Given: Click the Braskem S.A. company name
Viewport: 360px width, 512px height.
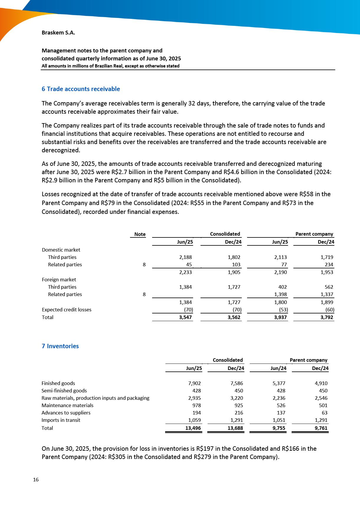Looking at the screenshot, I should click(x=58, y=33).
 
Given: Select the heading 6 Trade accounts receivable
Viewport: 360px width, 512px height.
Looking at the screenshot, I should click(x=81, y=89).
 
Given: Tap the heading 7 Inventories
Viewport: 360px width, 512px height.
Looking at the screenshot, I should click(x=60, y=346).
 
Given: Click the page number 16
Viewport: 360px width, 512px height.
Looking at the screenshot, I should click(x=36, y=480).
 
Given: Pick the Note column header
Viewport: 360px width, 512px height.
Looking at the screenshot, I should click(x=140, y=234).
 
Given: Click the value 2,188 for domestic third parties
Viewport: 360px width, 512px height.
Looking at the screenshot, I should click(x=185, y=257).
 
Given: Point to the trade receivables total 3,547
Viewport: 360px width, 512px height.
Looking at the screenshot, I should click(x=185, y=317).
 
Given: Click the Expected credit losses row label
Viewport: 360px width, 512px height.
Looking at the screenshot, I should click(x=67, y=310).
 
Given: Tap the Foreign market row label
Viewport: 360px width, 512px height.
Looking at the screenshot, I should click(x=59, y=280).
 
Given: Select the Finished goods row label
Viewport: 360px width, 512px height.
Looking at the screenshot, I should click(x=58, y=383).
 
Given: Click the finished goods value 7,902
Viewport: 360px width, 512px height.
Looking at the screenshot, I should click(x=194, y=383).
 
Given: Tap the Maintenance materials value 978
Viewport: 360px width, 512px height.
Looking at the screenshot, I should click(x=196, y=405).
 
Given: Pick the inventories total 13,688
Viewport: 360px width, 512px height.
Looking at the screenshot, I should click(x=235, y=428).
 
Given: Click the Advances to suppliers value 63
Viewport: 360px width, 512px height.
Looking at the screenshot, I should click(x=324, y=413).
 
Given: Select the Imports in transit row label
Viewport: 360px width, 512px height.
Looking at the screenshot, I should click(x=61, y=420).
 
